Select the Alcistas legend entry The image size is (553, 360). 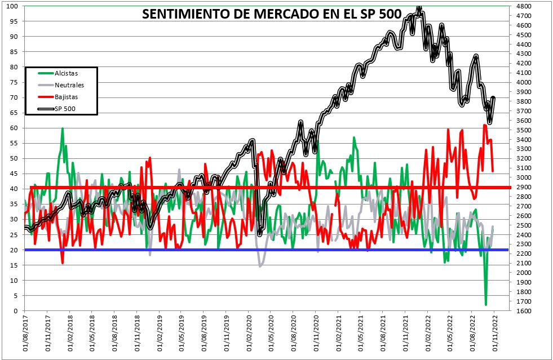pyautogui.click(x=67, y=73)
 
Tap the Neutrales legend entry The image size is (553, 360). pyautogui.click(x=69, y=85)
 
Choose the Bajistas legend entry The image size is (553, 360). pyautogui.click(x=67, y=97)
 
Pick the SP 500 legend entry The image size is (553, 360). pyautogui.click(x=65, y=108)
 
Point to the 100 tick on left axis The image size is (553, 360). pyautogui.click(x=12, y=6)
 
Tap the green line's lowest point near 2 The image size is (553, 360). pyautogui.click(x=486, y=305)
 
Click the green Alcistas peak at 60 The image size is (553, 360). pyautogui.click(x=62, y=128)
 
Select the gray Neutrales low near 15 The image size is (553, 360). pyautogui.click(x=260, y=265)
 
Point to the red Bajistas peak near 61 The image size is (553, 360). pyautogui.click(x=485, y=125)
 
